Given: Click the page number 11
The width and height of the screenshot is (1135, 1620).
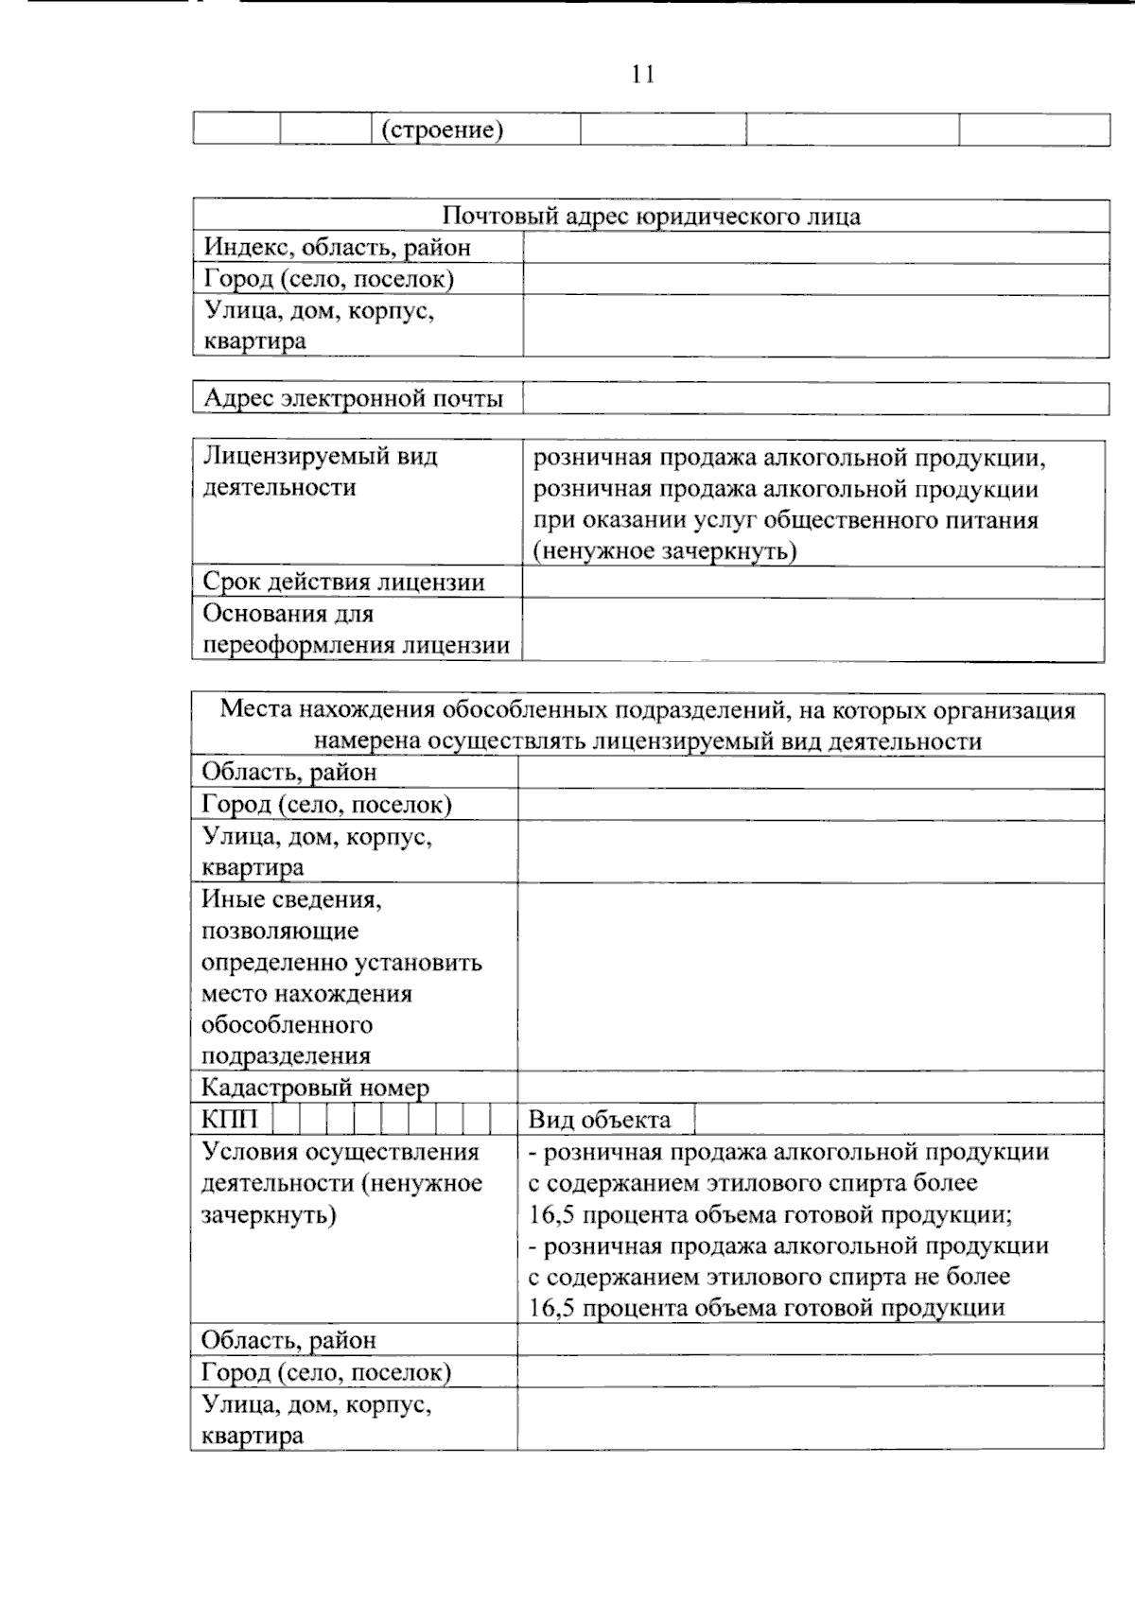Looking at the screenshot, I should [643, 74].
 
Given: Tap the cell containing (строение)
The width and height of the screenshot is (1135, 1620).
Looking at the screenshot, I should [442, 130].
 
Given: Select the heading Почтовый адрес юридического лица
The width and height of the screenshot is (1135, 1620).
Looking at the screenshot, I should [651, 217].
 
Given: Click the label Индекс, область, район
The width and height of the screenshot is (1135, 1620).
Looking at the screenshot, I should [338, 248].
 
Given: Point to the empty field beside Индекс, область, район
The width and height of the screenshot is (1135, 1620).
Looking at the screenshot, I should [815, 248].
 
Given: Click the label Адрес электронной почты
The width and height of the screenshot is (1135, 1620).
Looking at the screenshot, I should [353, 398].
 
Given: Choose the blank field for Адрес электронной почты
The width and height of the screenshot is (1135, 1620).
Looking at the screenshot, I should [815, 398].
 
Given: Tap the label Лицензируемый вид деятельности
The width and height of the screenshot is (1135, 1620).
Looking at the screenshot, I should [320, 472].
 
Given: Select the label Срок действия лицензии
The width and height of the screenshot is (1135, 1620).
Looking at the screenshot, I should [343, 583].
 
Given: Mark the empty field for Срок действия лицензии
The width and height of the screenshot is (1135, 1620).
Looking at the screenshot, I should [812, 583].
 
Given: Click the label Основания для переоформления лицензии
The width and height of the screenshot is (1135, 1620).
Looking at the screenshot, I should [356, 630].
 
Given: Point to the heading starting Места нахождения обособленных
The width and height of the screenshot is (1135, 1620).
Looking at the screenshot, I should [648, 725].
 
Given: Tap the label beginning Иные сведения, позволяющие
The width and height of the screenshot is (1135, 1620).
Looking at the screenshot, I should [341, 977].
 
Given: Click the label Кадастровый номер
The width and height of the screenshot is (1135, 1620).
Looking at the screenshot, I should [315, 1088].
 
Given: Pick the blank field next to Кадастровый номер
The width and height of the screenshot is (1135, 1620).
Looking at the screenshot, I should [811, 1088].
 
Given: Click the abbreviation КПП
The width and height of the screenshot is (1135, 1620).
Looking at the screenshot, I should [229, 1120].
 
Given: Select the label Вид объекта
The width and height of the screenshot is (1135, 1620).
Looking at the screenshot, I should [599, 1121].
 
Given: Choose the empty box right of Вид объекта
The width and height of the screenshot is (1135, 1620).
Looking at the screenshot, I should [899, 1120].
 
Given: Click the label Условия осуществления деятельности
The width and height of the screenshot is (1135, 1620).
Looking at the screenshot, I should [341, 1183].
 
